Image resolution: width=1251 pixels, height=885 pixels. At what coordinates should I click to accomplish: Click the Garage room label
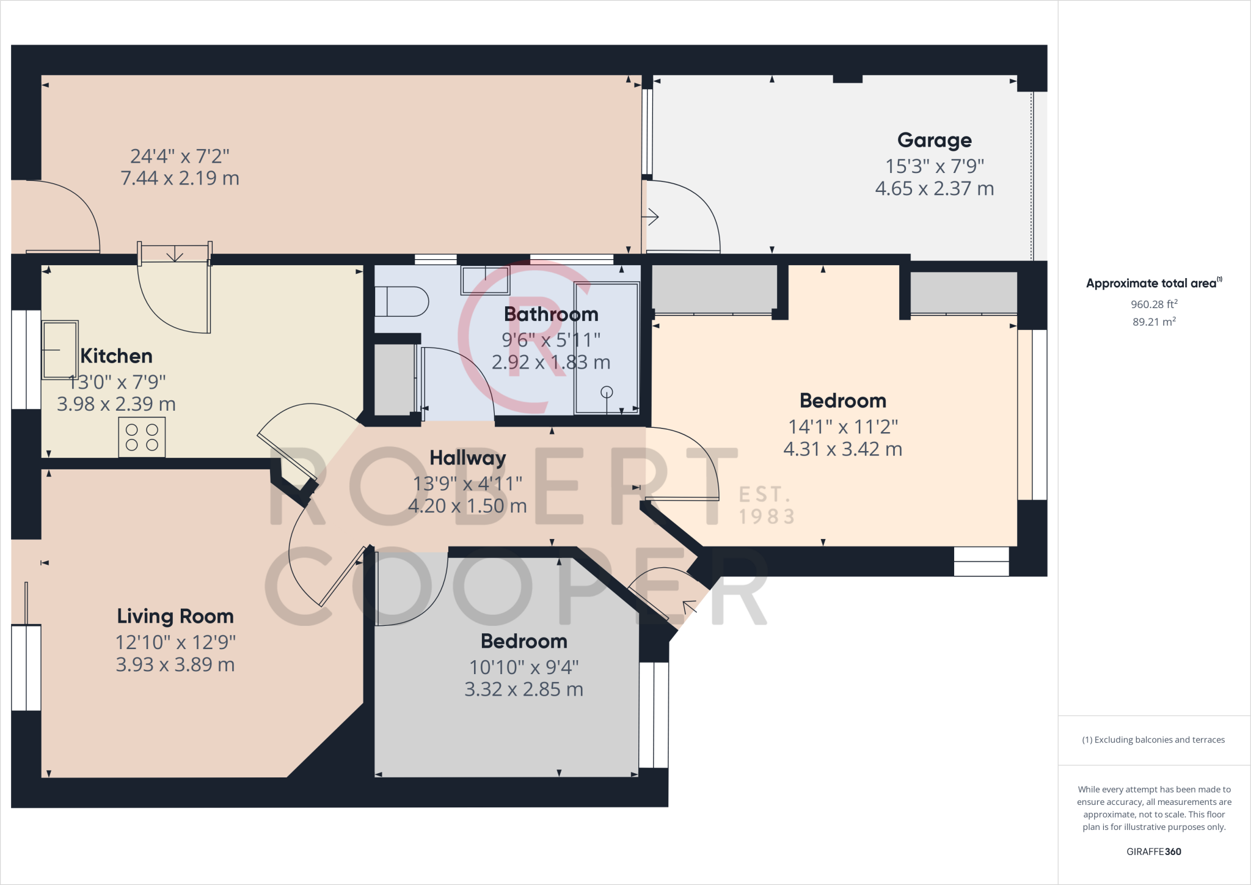coord(935,141)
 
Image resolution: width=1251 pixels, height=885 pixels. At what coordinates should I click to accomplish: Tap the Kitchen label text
coord(117,356)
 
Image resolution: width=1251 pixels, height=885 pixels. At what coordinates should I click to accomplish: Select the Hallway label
coord(468,458)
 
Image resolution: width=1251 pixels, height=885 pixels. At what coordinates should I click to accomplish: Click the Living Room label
coord(175,616)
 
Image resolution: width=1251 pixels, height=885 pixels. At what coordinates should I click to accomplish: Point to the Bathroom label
coord(551,314)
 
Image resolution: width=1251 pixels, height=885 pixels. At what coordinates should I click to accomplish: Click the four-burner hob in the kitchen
coord(142,437)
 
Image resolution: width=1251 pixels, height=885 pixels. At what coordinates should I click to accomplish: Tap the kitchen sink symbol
coord(60,350)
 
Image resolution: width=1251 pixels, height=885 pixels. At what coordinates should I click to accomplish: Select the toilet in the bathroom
coord(401,301)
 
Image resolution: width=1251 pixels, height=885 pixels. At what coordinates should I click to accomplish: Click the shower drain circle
coord(607,392)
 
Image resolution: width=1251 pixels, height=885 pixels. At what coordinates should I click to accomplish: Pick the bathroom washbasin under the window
coord(486,280)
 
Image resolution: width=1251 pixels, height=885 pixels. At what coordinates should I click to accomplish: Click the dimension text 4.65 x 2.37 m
coord(935,188)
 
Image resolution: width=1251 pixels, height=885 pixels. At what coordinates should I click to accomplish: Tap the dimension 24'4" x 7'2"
coord(180,156)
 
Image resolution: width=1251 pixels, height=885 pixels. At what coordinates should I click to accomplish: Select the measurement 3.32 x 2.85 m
coord(524,689)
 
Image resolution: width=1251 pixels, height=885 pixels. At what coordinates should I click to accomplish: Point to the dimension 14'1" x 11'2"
coord(843,427)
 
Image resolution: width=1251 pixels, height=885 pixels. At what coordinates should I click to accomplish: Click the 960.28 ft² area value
coord(1154,304)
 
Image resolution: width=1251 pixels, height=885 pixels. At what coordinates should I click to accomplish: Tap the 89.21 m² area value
coord(1154,321)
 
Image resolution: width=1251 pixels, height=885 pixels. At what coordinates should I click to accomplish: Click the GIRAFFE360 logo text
coord(1154,851)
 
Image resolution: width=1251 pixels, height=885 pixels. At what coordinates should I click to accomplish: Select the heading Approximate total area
coord(1154,283)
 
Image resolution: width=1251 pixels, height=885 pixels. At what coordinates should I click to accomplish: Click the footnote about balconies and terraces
coord(1154,740)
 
